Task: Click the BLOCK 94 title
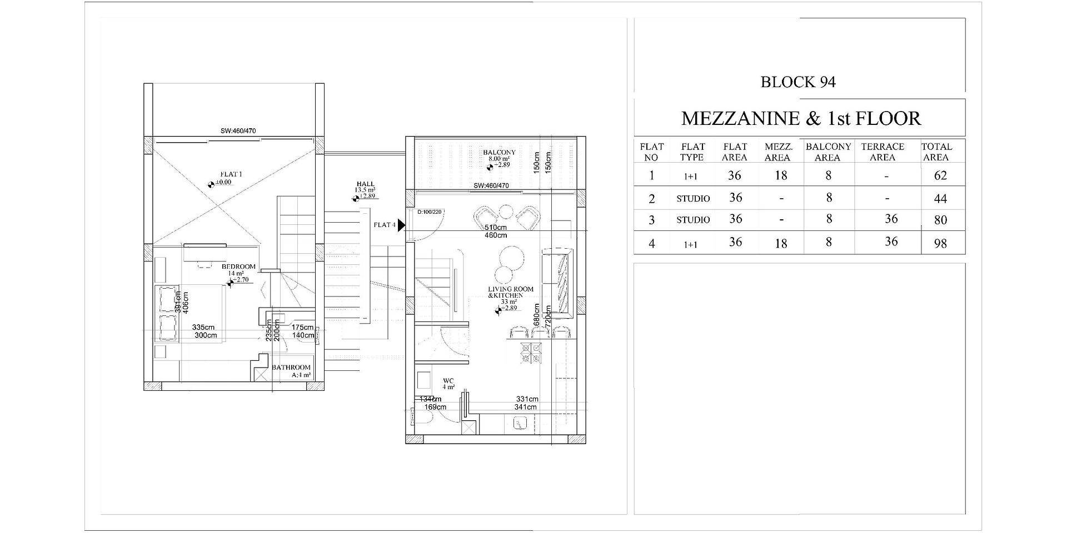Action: coord(798,82)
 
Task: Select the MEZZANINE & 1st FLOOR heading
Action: coord(801,118)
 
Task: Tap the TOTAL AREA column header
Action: coord(936,152)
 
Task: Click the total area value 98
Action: coord(940,243)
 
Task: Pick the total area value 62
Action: coord(940,175)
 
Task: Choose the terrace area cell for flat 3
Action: coord(891,219)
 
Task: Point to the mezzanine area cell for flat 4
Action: coord(781,243)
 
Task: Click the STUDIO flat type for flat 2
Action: coord(693,198)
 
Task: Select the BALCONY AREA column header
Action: coord(828,152)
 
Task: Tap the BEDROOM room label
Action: coord(238,266)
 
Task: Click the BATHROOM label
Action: coord(291,368)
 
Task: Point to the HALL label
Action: coord(366,184)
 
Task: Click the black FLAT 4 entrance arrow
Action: coord(401,225)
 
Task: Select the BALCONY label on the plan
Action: coord(499,152)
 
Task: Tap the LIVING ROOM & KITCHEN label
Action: coord(510,292)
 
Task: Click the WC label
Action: coord(448,381)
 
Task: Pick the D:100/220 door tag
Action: coord(429,212)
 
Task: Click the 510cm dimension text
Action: coord(495,228)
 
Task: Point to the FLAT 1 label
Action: coord(231,174)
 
